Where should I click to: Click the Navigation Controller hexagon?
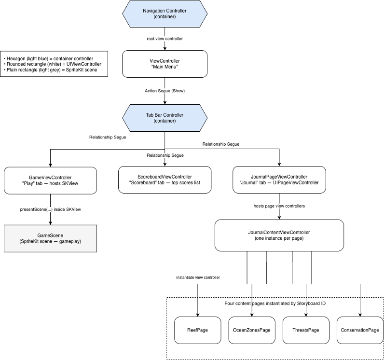point(165,14)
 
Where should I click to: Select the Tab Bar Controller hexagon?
point(165,118)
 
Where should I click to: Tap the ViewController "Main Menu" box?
point(165,64)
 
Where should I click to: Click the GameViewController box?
point(51,180)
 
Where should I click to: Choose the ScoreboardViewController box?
point(165,180)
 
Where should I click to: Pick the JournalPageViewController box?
point(279,180)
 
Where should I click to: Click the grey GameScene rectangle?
point(51,238)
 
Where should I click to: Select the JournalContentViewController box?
point(279,235)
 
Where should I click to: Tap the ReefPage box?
point(198,330)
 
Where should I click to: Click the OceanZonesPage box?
point(252,330)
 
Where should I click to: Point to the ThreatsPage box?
point(306,330)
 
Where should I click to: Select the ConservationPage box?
point(360,330)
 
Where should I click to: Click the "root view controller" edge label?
point(165,39)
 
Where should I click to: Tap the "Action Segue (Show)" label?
point(165,91)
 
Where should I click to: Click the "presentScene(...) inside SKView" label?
point(51,209)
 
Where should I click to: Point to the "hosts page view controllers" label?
point(279,206)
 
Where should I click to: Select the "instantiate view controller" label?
point(198,277)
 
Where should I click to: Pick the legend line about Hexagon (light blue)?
point(49,59)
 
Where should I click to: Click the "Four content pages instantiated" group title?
point(275,304)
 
